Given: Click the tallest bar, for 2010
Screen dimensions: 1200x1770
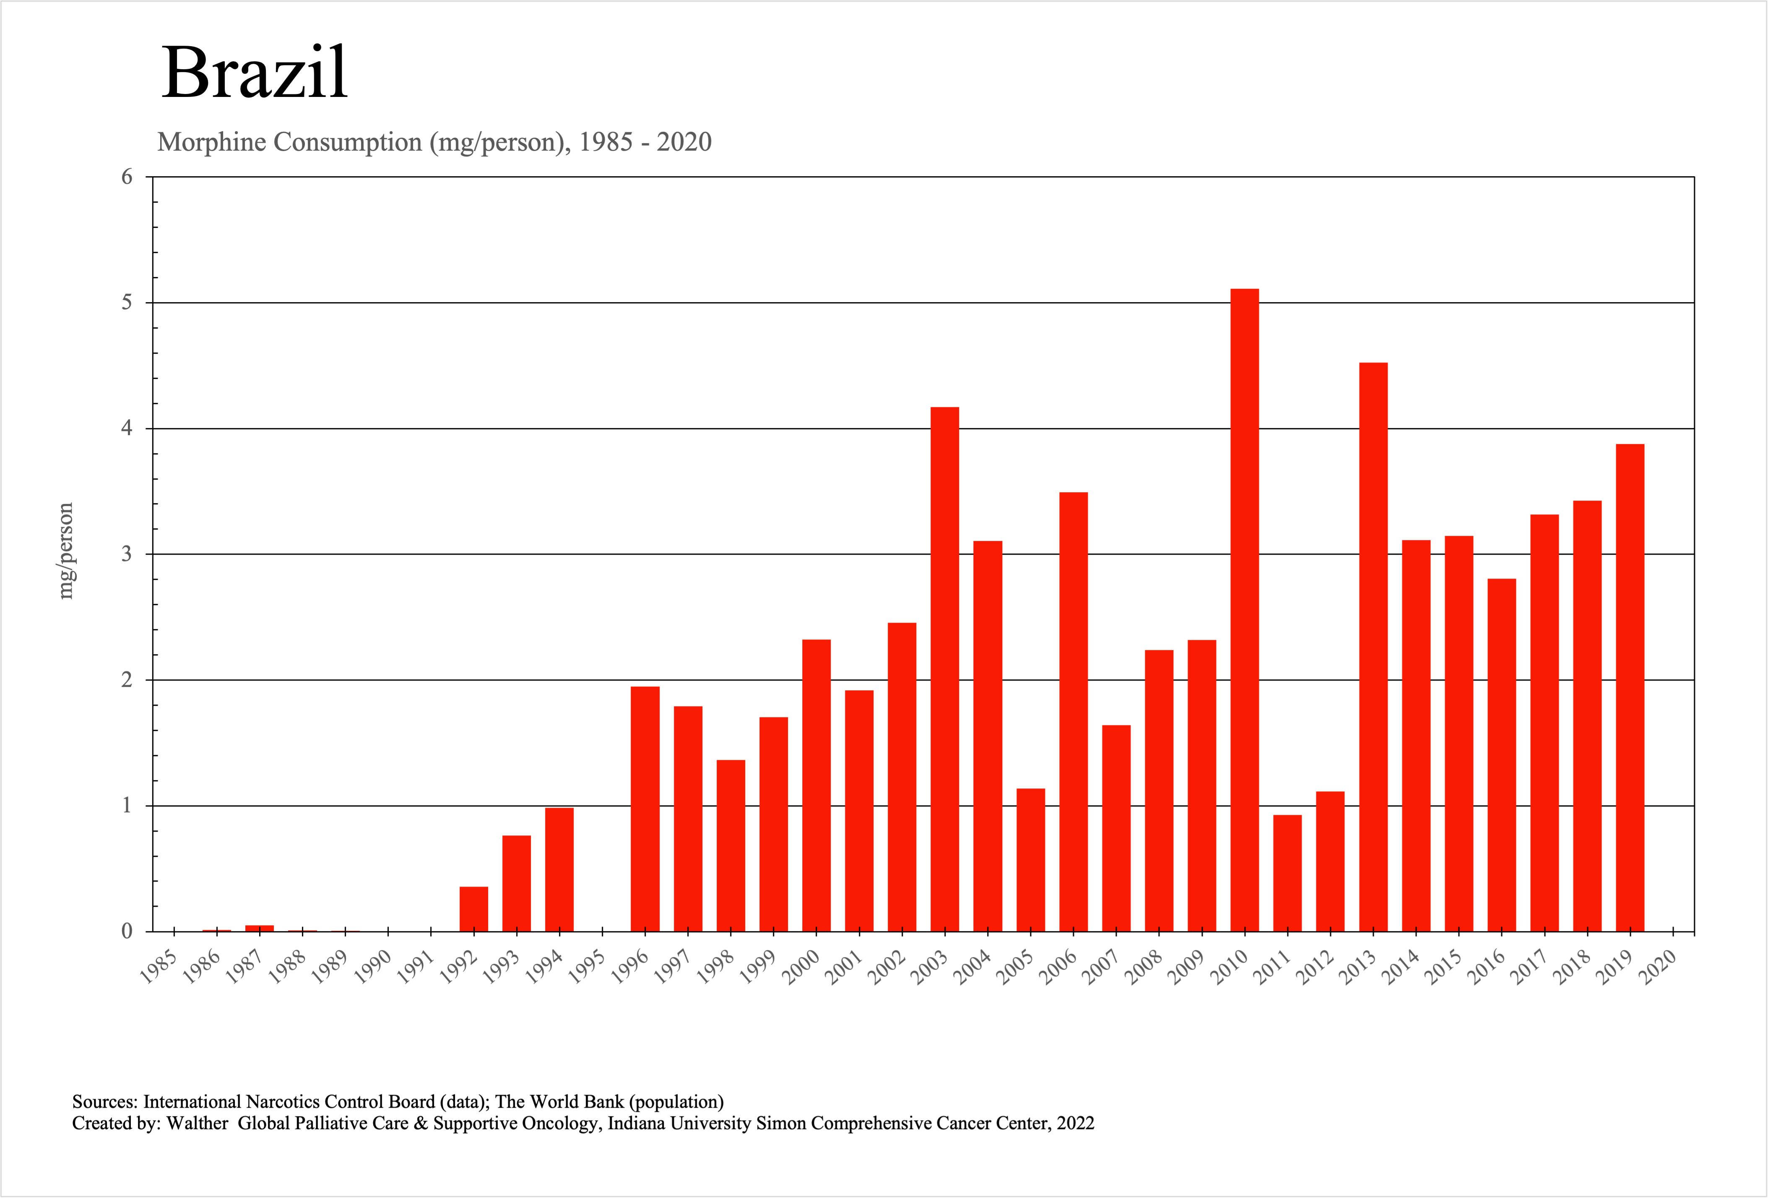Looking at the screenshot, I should (1245, 610).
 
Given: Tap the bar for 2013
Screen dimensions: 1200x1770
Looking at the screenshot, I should (1373, 647).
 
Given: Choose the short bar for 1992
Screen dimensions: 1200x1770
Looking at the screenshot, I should (474, 909).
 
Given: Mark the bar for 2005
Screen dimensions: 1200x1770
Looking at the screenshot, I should (1030, 859).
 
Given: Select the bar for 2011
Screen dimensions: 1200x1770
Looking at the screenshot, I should (1287, 873).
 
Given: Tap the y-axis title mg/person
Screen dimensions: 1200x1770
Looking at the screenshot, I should (66, 551).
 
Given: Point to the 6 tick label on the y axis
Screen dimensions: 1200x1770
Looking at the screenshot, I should (127, 177).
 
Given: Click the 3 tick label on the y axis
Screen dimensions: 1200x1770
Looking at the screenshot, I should (127, 554).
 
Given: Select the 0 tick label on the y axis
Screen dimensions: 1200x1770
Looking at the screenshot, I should (127, 931).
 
